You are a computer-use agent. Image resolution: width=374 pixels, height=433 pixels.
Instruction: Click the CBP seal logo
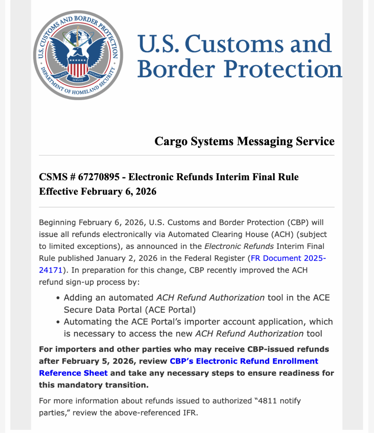click(x=78, y=55)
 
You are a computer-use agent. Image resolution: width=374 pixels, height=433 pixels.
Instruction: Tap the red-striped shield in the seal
click(x=78, y=68)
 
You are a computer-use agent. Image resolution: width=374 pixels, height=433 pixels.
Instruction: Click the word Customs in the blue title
click(x=235, y=44)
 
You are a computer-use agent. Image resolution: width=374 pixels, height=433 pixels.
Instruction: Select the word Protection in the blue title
click(x=283, y=69)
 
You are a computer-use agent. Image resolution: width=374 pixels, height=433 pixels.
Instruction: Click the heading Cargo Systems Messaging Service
click(x=244, y=141)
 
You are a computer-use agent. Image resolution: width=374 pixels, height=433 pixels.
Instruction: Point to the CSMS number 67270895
click(x=98, y=177)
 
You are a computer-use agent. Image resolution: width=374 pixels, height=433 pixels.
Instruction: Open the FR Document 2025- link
click(x=288, y=258)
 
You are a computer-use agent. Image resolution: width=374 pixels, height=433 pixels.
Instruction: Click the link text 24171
click(x=51, y=270)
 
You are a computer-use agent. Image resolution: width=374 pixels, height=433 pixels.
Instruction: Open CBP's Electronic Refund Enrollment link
click(x=244, y=361)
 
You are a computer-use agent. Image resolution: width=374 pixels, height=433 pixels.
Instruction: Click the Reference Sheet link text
click(x=73, y=373)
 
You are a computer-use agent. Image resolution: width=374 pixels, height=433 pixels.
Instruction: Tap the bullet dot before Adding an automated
click(x=58, y=298)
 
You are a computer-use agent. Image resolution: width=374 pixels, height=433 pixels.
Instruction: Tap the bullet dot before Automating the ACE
click(x=58, y=322)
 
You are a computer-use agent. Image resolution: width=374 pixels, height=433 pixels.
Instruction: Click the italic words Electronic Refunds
click(x=239, y=246)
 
